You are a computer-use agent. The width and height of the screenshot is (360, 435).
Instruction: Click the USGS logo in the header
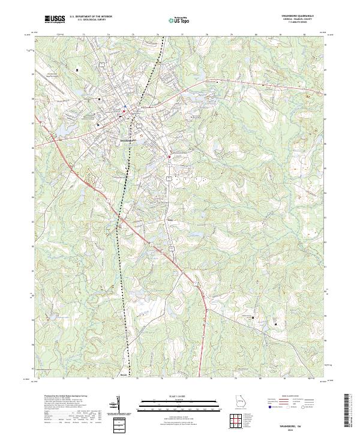[55, 20]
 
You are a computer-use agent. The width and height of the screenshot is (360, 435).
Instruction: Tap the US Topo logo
[176, 20]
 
